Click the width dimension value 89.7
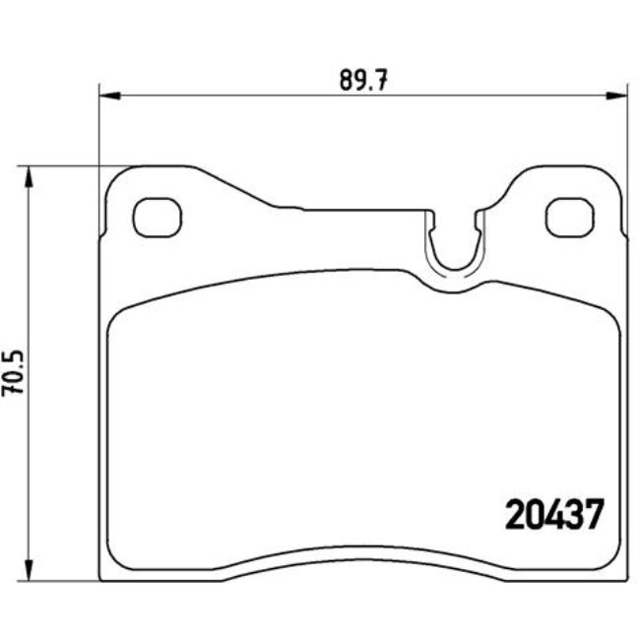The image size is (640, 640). [361, 80]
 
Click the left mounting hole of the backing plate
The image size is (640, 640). [158, 218]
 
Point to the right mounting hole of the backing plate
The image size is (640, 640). [568, 218]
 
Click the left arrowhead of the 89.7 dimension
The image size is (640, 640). [108, 96]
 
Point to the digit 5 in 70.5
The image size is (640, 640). [13, 356]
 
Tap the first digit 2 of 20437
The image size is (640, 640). [513, 515]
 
